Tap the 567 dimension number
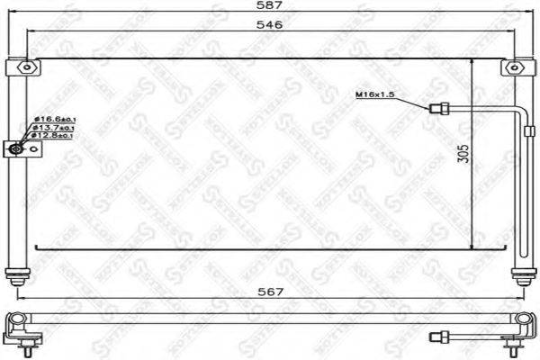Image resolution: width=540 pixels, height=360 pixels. (x=269, y=292)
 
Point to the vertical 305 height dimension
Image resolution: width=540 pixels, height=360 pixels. (x=463, y=153)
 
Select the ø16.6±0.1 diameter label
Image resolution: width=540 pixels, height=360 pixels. (x=55, y=120)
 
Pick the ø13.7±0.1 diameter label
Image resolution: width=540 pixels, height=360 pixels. (x=55, y=129)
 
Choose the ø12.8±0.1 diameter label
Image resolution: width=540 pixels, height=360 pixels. (x=55, y=138)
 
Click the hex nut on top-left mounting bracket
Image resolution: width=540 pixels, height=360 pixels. (x=30, y=67)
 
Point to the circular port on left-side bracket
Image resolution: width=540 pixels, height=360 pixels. (x=17, y=149)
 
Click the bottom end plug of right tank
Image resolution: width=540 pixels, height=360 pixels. (x=519, y=275)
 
